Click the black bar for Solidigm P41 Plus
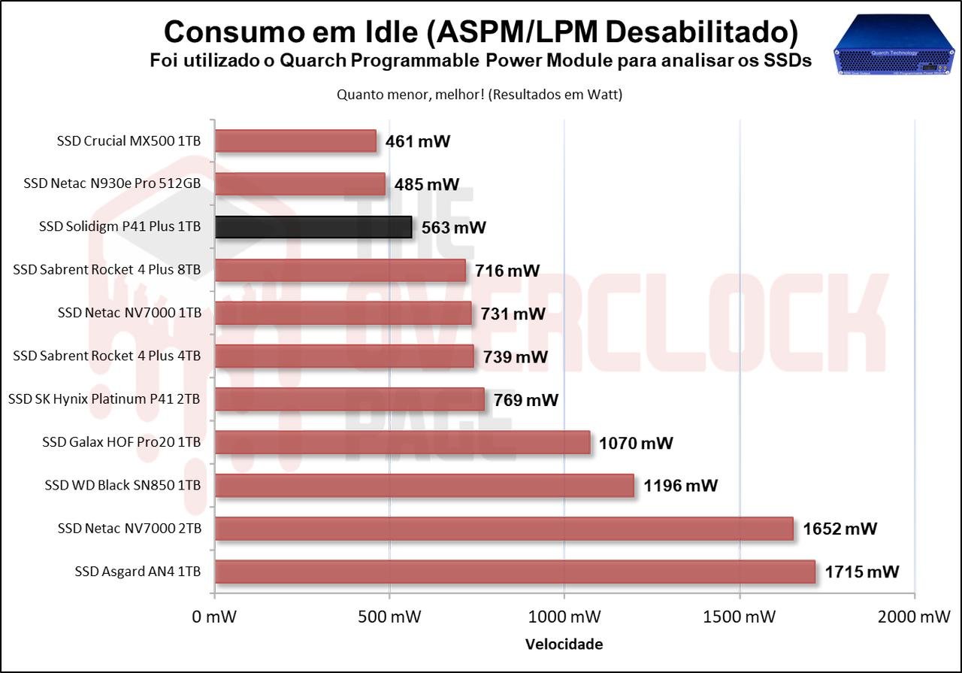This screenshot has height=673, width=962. pyautogui.click(x=313, y=227)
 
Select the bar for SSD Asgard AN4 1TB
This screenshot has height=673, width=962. pyautogui.click(x=515, y=572)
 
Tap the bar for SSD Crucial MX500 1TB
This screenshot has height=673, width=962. pyautogui.click(x=295, y=141)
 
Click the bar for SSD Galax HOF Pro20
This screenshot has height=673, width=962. pyautogui.click(x=402, y=443)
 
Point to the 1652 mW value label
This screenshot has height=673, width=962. pyautogui.click(x=839, y=529)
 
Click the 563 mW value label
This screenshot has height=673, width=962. pyautogui.click(x=454, y=228)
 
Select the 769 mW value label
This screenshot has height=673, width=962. pyautogui.click(x=526, y=400)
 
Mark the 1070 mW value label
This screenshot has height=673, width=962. pyautogui.click(x=636, y=443)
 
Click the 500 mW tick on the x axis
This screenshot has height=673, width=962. pyautogui.click(x=389, y=617)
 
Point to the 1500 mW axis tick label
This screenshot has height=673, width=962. pyautogui.click(x=740, y=617)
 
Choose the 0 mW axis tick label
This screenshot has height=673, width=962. pyautogui.click(x=215, y=617)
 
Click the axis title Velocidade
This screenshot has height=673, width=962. pyautogui.click(x=564, y=644)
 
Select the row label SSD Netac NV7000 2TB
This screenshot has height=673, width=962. pyautogui.click(x=129, y=529)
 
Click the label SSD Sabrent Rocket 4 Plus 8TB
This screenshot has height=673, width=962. pyautogui.click(x=107, y=269)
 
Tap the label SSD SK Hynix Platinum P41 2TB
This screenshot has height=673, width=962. pyautogui.click(x=104, y=399)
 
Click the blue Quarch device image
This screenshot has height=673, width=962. pyautogui.click(x=894, y=46)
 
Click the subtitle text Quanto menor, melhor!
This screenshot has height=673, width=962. pyautogui.click(x=413, y=95)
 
